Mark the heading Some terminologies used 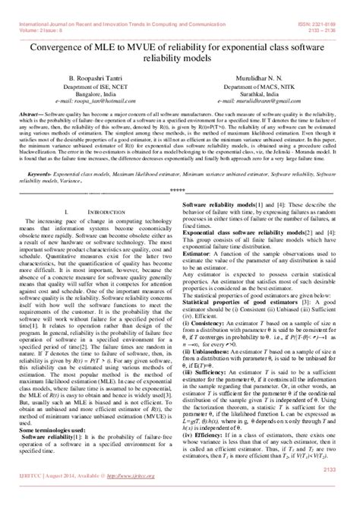point(51,430)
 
